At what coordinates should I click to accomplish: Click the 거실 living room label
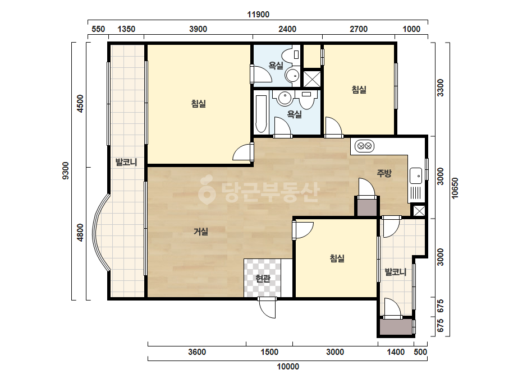[x=201, y=232]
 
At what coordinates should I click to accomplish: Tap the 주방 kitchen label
[x=384, y=173]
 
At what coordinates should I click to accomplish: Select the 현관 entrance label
[x=263, y=278]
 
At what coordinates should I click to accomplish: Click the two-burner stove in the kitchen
[x=364, y=146]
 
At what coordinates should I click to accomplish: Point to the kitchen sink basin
[x=416, y=175]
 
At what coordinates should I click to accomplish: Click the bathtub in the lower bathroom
[x=261, y=114]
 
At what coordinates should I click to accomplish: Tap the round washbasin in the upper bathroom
[x=292, y=76]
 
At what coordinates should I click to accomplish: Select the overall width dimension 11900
[x=258, y=15]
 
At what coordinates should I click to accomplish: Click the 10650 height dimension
[x=455, y=188]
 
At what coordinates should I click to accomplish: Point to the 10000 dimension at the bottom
[x=288, y=367]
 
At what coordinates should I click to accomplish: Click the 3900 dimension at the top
[x=198, y=29]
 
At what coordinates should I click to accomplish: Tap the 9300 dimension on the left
[x=66, y=170]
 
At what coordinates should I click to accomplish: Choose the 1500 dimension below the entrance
[x=269, y=352]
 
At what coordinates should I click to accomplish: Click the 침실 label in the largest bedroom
[x=199, y=104]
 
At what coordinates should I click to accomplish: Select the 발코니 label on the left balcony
[x=126, y=162]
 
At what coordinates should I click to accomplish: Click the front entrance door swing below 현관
[x=267, y=308]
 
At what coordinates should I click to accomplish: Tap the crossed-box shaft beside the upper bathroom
[x=312, y=78]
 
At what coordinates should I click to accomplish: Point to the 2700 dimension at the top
[x=359, y=29]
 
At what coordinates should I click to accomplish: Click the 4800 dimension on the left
[x=80, y=233]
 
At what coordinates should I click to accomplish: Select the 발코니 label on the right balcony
[x=396, y=272]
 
